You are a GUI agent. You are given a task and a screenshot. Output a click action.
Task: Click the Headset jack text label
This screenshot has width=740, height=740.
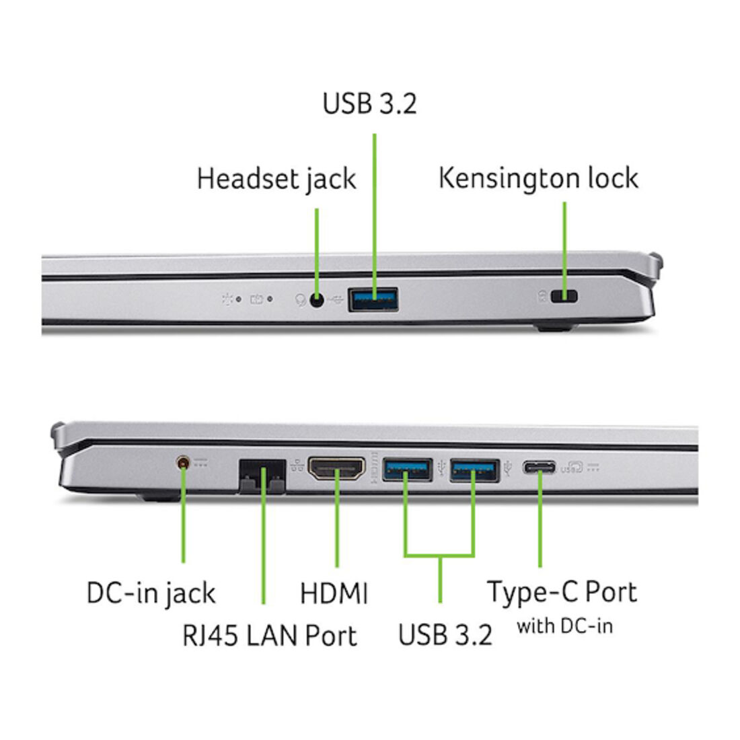pyautogui.click(x=276, y=180)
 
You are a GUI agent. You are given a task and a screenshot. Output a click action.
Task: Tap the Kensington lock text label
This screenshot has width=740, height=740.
pyautogui.click(x=538, y=178)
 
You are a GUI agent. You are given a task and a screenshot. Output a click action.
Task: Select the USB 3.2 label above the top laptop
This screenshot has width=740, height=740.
pyautogui.click(x=369, y=104)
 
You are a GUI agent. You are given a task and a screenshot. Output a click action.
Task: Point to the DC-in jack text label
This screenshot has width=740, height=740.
pyautogui.click(x=151, y=594)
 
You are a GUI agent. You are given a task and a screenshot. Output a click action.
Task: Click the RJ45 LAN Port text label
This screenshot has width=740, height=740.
pyautogui.click(x=270, y=635)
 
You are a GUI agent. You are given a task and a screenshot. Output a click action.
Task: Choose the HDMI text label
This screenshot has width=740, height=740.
pyautogui.click(x=334, y=593)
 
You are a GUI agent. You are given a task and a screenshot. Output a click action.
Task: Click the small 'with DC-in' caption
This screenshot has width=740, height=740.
pyautogui.click(x=565, y=626)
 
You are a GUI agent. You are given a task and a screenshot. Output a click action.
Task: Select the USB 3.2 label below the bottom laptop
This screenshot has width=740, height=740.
pyautogui.click(x=445, y=635)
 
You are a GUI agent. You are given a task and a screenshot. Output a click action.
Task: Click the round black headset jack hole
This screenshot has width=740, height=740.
pyautogui.click(x=317, y=299)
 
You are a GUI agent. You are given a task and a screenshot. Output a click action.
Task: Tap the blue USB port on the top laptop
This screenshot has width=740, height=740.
pyautogui.click(x=373, y=299)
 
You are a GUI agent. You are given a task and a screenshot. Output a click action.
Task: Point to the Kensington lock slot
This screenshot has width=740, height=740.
pyautogui.click(x=564, y=297)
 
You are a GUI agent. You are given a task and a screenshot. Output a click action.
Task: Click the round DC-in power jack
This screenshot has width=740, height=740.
pyautogui.click(x=182, y=462)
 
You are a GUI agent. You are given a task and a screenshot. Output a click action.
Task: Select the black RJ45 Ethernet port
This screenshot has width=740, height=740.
pyautogui.click(x=262, y=476)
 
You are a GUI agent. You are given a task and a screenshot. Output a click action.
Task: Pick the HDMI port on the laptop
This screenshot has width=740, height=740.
pyautogui.click(x=336, y=468)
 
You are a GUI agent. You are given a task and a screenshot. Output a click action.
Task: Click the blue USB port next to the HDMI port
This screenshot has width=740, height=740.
pyautogui.click(x=407, y=470)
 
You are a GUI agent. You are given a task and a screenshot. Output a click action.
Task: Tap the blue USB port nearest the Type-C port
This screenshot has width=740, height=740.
pyautogui.click(x=474, y=470)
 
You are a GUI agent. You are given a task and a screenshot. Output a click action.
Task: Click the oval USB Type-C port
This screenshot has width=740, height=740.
pyautogui.click(x=539, y=468)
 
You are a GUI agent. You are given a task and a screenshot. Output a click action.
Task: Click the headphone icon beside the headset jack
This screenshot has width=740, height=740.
pyautogui.click(x=300, y=300)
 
